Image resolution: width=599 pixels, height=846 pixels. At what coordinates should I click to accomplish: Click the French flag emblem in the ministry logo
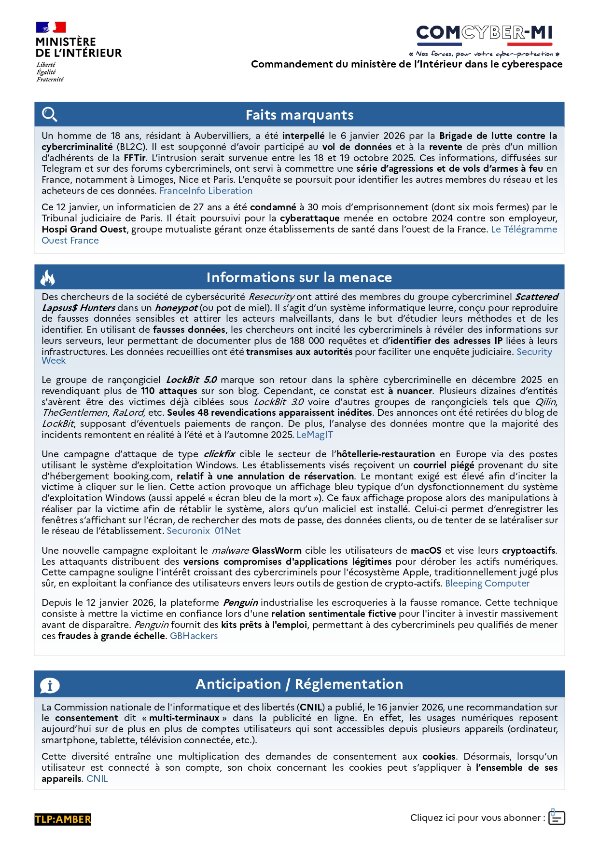[x=51, y=27]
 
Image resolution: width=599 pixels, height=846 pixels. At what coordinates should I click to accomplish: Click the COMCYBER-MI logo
[x=484, y=33]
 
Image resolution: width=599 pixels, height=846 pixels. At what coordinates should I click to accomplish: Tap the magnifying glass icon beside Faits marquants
[x=49, y=115]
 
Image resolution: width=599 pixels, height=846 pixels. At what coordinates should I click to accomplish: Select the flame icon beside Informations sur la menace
[x=47, y=277]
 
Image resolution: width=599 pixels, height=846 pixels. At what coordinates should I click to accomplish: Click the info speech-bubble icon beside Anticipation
[x=50, y=685]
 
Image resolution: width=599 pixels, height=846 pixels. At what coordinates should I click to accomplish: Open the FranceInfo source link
[x=182, y=191]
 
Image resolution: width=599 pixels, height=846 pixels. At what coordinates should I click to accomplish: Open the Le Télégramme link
[x=524, y=229]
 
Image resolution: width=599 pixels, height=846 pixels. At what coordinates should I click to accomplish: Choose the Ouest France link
[x=70, y=240]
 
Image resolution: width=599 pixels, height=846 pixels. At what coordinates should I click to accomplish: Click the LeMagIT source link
[x=314, y=435]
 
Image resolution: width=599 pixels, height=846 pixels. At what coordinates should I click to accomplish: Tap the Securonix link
[x=188, y=531]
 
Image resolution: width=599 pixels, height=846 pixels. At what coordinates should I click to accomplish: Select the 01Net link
[x=227, y=531]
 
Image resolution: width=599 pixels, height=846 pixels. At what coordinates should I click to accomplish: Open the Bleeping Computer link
[x=487, y=583]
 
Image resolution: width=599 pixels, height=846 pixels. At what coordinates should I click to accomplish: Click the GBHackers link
[x=194, y=636]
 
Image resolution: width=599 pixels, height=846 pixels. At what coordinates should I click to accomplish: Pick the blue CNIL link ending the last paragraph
[x=97, y=778]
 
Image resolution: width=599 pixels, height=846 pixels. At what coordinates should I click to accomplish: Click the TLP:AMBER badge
[x=63, y=819]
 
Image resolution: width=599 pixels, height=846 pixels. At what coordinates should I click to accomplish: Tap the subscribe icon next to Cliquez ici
[x=557, y=817]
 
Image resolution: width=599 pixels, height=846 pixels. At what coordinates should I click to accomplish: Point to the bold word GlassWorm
[x=277, y=550]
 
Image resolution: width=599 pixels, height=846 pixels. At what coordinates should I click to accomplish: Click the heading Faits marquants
[x=299, y=115]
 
